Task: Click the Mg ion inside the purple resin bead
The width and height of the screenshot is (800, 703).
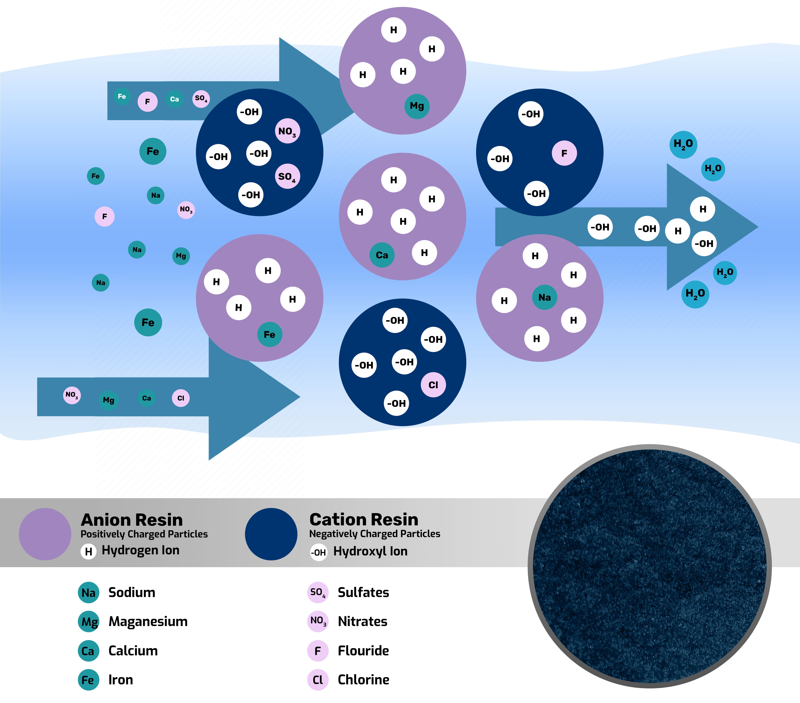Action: [417, 106]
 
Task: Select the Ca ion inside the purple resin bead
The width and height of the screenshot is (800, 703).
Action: [382, 255]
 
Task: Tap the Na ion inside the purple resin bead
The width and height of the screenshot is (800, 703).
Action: [544, 297]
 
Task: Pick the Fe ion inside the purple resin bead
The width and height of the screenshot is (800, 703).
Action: [269, 335]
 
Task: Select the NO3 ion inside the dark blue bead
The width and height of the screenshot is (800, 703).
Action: [287, 131]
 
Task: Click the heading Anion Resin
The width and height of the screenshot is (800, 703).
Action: [132, 520]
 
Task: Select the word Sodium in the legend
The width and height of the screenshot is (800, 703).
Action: [132, 592]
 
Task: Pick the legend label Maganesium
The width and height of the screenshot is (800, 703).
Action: [148, 621]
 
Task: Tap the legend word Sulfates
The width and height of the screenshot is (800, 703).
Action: [363, 592]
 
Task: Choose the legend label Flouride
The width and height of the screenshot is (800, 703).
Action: [363, 651]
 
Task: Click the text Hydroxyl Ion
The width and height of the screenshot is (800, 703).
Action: [370, 551]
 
